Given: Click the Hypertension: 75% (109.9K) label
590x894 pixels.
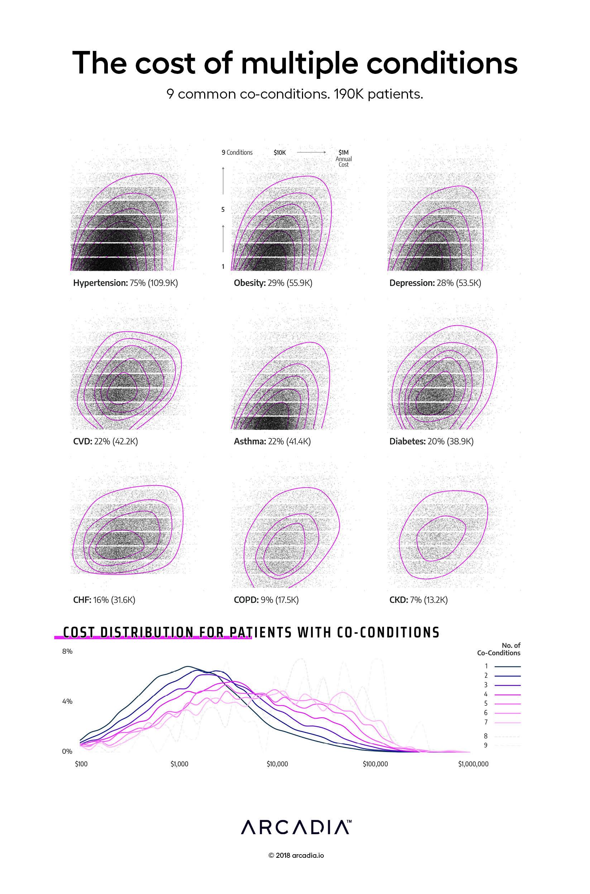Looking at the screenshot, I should (125, 283).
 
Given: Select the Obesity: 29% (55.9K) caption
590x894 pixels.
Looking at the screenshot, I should (273, 283).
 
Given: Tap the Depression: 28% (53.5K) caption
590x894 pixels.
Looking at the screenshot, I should (435, 283).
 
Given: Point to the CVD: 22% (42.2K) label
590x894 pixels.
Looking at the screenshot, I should (105, 441).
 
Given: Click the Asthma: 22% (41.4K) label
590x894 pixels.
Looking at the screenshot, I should (272, 441).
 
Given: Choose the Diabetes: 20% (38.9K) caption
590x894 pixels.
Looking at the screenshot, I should (431, 441).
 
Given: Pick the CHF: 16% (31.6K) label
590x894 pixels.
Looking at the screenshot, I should (104, 600).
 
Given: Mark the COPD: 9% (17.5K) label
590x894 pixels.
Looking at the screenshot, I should (266, 600).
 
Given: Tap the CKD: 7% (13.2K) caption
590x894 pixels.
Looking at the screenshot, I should (418, 600).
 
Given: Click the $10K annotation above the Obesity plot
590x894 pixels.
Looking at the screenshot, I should (279, 152).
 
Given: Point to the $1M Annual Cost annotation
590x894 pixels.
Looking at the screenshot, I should (344, 158).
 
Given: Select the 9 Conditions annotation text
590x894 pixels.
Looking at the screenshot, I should (237, 152).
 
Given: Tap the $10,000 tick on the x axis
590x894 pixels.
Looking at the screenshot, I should (277, 764).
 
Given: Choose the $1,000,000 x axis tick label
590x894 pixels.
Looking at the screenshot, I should (473, 764).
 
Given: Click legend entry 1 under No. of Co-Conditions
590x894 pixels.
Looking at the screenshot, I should (503, 666).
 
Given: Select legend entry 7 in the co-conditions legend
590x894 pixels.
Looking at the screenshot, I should (503, 722).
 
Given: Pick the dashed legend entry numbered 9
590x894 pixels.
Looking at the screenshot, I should (503, 745).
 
